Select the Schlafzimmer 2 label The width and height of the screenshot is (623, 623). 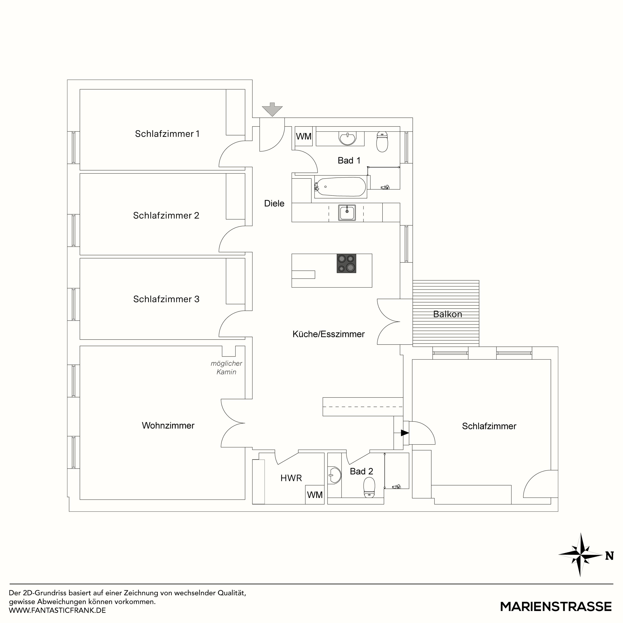(x=166, y=215)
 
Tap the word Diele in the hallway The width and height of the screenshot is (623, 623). (x=274, y=203)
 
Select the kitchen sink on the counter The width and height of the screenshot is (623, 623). (x=347, y=213)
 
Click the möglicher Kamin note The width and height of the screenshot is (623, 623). (x=226, y=368)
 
